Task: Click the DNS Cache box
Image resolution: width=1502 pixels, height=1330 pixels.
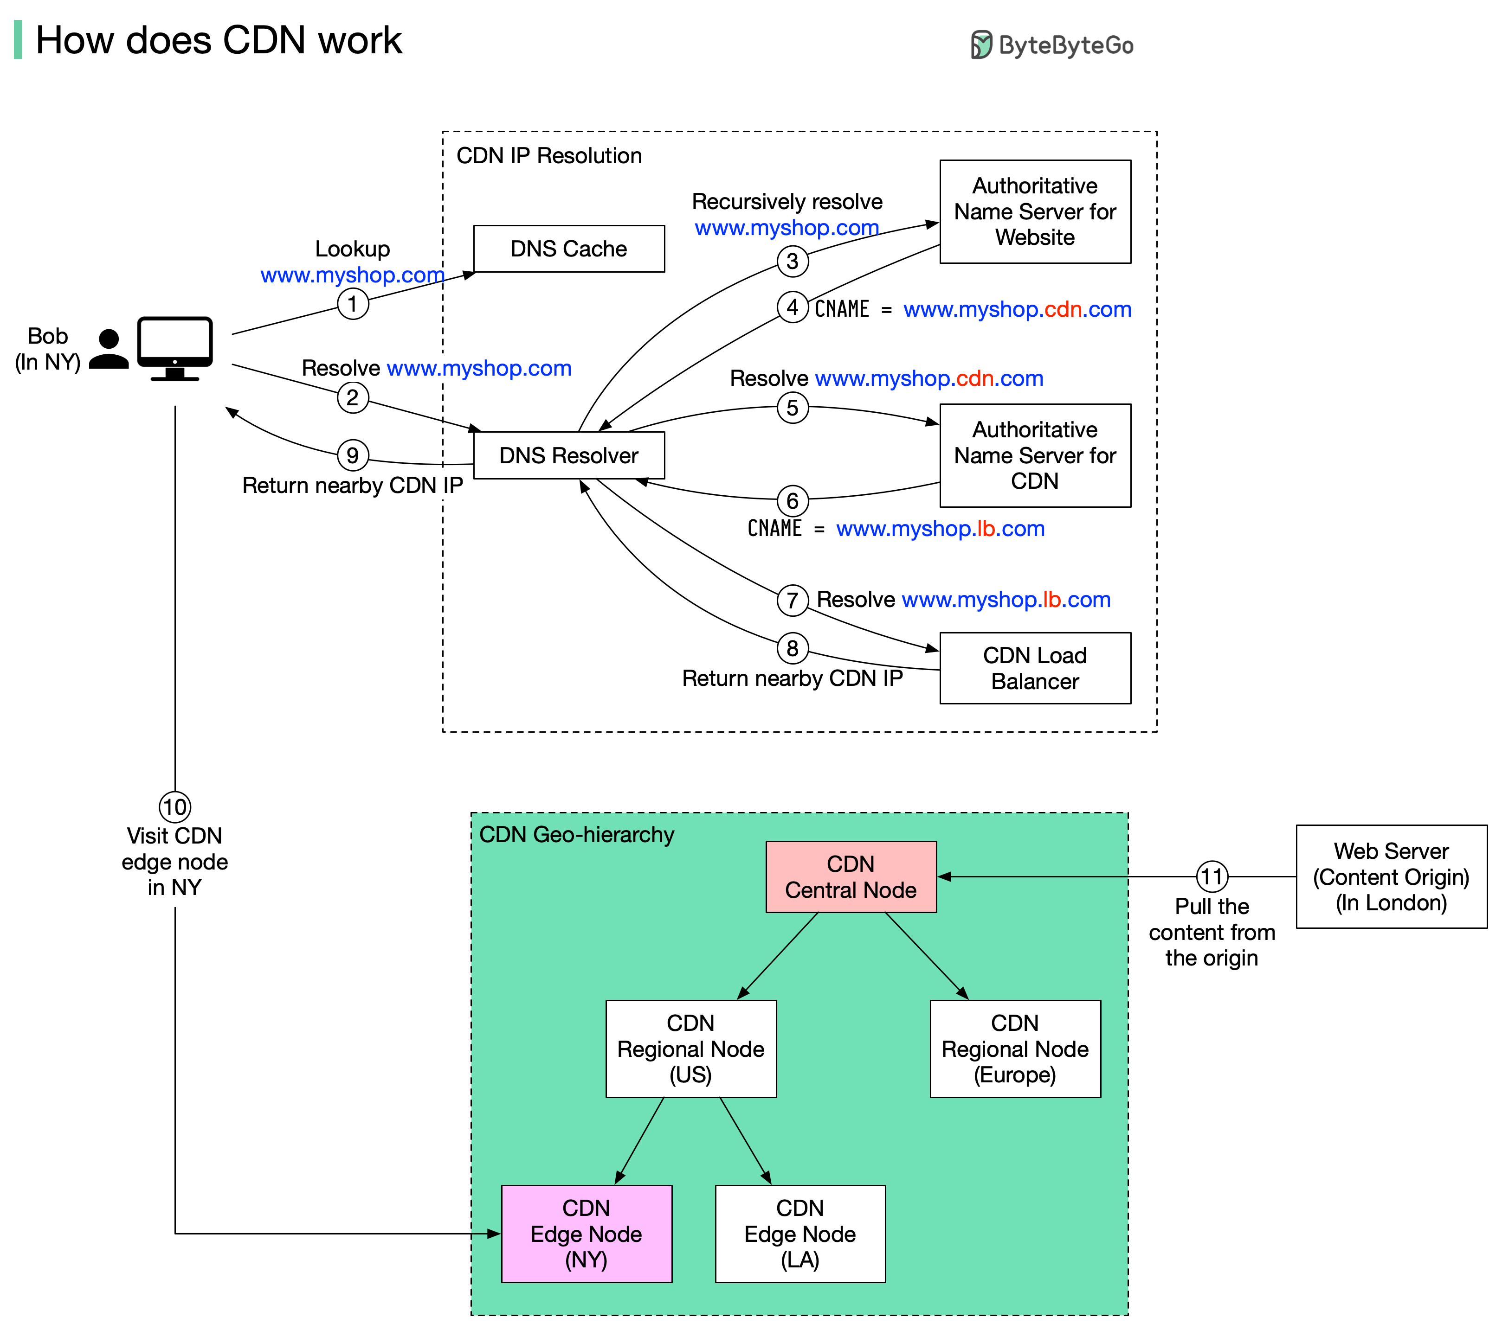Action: pyautogui.click(x=569, y=249)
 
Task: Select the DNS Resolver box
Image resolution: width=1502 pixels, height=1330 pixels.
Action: pyautogui.click(x=569, y=455)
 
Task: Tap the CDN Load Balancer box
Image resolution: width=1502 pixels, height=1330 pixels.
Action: pyautogui.click(x=1035, y=668)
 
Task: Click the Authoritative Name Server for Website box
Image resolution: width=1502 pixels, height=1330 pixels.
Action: pyautogui.click(x=1035, y=211)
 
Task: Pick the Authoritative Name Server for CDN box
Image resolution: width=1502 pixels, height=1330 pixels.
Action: pyautogui.click(x=1035, y=455)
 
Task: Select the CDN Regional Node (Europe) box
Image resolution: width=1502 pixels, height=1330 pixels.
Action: pyautogui.click(x=1015, y=1049)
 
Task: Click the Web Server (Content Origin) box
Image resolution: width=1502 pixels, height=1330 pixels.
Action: pyautogui.click(x=1391, y=877)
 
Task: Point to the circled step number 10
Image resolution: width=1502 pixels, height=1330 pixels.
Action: pyautogui.click(x=175, y=807)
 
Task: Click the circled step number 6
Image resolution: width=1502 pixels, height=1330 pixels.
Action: pyautogui.click(x=792, y=501)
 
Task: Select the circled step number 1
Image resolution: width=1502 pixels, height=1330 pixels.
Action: pyautogui.click(x=353, y=303)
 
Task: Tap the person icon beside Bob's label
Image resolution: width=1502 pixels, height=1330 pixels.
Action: pyautogui.click(x=109, y=349)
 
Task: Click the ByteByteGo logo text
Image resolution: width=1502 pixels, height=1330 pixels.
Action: pyautogui.click(x=1065, y=45)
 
